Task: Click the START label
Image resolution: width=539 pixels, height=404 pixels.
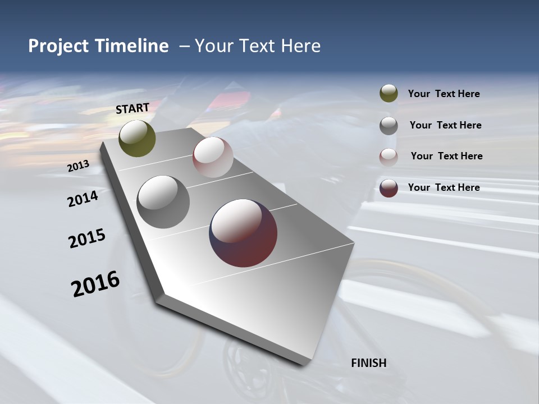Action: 133,108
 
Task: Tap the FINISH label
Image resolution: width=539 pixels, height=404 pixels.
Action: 368,363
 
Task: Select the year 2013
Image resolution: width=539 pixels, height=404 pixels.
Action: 79,166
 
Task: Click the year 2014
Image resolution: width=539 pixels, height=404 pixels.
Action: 83,199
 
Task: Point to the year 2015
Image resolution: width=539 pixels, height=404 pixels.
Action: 87,238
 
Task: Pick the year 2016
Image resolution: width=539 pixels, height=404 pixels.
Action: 95,284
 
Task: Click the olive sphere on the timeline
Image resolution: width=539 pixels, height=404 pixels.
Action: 137,138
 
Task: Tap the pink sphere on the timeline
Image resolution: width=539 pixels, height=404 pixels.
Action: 213,157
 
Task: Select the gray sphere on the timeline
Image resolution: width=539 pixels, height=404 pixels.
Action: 163,201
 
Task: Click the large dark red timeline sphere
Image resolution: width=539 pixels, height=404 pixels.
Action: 243,233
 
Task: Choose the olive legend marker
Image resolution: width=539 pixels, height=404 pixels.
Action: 389,93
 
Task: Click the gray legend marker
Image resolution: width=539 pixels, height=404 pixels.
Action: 389,125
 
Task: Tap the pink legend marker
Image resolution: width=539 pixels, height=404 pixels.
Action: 389,157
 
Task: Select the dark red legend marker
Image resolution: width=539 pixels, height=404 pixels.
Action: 389,188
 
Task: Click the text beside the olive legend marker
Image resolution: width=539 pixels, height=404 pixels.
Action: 444,94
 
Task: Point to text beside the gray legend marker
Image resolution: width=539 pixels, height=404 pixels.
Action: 445,125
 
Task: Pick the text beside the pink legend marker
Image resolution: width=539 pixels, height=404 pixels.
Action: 446,156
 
